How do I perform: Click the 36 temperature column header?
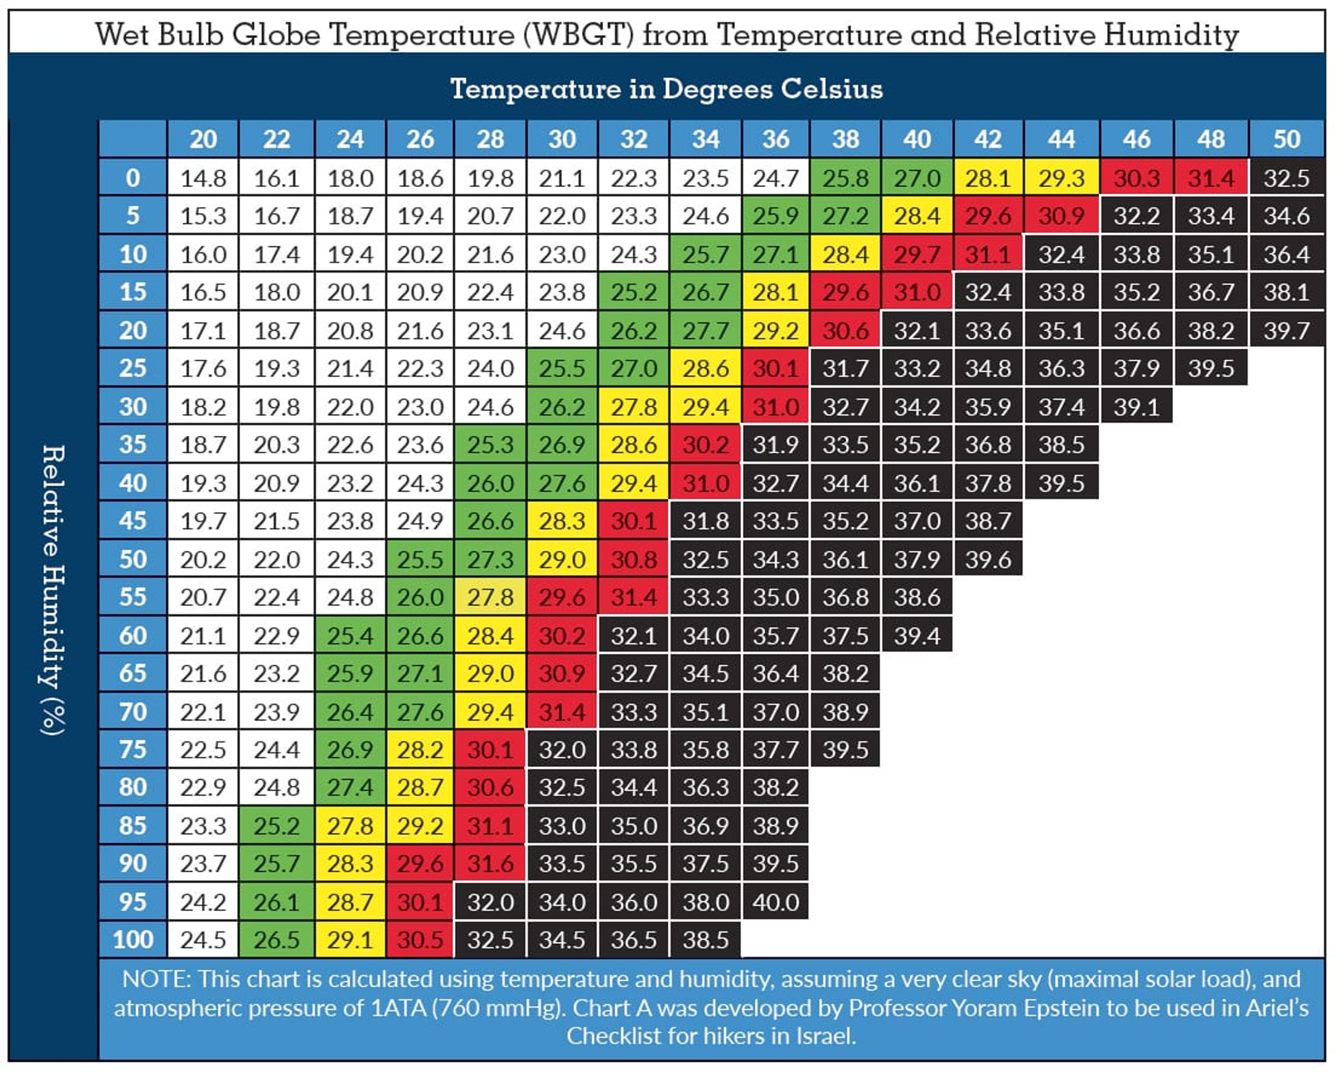[775, 139]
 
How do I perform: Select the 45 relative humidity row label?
[133, 521]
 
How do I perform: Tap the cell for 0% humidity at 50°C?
[1286, 179]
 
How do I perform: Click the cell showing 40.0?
[775, 902]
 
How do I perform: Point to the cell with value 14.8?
[203, 179]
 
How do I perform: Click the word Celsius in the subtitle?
[831, 89]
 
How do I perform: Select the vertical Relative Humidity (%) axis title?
[53, 590]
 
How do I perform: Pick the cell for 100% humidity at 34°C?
[705, 939]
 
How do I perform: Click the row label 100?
[133, 939]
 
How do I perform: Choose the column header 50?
[1286, 139]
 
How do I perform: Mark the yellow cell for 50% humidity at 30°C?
[562, 559]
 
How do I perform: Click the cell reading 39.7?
[1286, 331]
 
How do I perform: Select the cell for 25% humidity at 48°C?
[1211, 368]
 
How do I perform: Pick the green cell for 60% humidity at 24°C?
[350, 636]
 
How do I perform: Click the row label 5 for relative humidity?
[133, 216]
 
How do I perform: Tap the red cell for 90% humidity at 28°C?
[490, 863]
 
